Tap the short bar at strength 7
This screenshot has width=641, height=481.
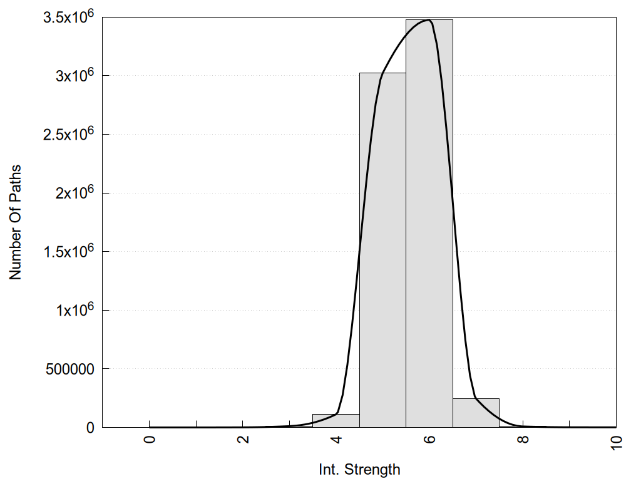click(476, 413)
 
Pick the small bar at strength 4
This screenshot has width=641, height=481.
click(336, 420)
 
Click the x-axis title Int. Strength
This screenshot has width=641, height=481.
click(359, 468)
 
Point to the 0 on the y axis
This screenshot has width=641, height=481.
click(90, 428)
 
